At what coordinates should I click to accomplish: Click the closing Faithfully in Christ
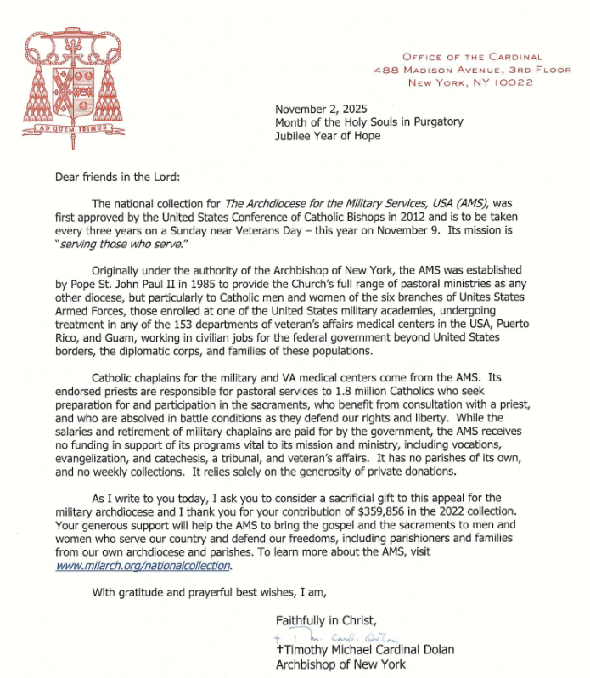323,619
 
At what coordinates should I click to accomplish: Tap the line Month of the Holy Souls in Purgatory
369,122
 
